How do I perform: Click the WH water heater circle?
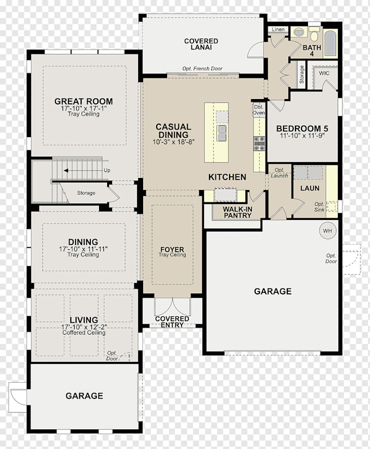(328, 231)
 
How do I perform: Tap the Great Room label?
(84, 101)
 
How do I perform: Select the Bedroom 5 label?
(302, 128)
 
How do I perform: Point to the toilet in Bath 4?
(314, 34)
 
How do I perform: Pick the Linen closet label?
(278, 29)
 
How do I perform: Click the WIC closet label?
(324, 73)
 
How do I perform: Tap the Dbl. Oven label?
(258, 110)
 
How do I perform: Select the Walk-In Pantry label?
(238, 212)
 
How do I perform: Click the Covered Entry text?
(172, 322)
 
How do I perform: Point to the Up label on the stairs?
(107, 170)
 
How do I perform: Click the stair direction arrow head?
(66, 171)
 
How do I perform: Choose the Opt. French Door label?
(202, 69)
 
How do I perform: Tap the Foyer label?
(172, 249)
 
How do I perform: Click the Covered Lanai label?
(201, 44)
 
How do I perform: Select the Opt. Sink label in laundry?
(319, 207)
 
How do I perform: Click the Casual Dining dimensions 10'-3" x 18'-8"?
(174, 142)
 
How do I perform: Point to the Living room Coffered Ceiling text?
(84, 333)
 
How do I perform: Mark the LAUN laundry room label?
(310, 188)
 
